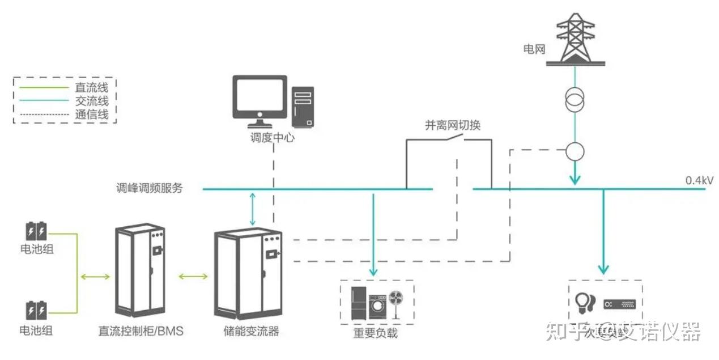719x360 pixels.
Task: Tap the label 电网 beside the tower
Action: coord(534,49)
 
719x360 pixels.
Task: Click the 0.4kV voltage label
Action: coord(699,180)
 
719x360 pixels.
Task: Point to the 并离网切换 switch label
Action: coord(453,125)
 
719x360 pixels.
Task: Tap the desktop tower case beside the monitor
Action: coord(303,107)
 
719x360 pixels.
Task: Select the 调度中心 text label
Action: coord(273,138)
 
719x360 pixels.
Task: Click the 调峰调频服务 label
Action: coord(150,188)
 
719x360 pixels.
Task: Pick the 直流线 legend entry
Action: coord(91,88)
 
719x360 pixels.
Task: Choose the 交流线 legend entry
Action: coord(91,101)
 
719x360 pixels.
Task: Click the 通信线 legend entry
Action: coord(91,115)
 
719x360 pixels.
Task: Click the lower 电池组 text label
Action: coord(36,330)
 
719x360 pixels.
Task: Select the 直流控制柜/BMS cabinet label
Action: coord(141,331)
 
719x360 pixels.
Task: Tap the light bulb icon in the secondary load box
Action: coord(584,302)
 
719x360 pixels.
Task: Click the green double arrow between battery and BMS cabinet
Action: coord(96,277)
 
